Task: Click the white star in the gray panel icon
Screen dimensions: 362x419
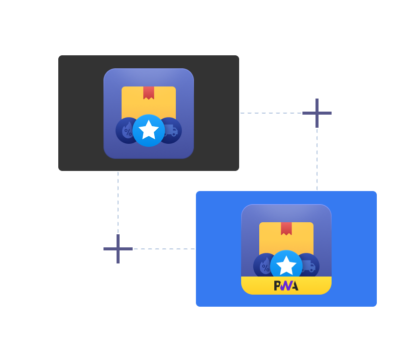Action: [x=149, y=130]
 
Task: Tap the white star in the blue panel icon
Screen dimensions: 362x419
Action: [x=286, y=266]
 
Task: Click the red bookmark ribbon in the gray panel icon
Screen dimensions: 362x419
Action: [x=149, y=93]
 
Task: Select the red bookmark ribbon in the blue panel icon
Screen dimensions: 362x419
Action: [x=286, y=228]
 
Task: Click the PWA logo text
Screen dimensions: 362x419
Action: [x=286, y=286]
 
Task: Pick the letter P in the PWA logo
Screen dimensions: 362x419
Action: [x=277, y=286]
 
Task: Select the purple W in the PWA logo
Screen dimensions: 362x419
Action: [x=285, y=286]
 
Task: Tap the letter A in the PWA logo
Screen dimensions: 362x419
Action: [x=294, y=286]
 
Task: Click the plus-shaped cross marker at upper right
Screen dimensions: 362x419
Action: [x=317, y=113]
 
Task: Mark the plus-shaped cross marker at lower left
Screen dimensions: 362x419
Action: [x=118, y=249]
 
